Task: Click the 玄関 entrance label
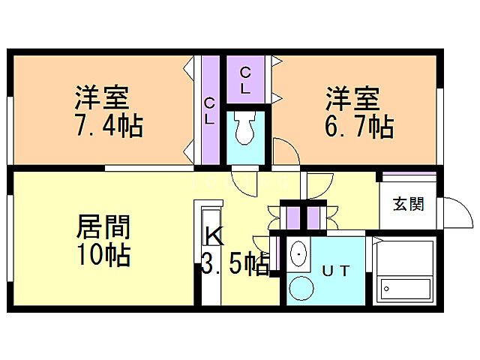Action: [x=409, y=204]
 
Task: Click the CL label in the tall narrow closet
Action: [x=209, y=110]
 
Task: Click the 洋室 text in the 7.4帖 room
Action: [x=102, y=98]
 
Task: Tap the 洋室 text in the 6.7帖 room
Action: [x=352, y=98]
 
